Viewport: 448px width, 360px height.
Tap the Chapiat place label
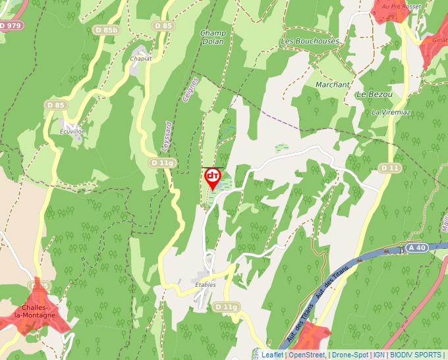point(141,58)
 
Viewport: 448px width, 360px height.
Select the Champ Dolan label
point(213,38)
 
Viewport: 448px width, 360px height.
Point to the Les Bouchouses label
point(310,41)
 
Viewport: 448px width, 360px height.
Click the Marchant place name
point(332,85)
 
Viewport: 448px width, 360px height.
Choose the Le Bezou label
point(374,94)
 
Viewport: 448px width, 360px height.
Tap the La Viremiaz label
point(391,112)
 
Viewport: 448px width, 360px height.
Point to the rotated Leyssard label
point(167,134)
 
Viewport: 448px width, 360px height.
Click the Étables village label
point(206,284)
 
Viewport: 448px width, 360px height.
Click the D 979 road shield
point(11,26)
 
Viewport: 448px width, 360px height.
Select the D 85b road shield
point(105,30)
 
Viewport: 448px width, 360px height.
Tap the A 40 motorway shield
point(418,248)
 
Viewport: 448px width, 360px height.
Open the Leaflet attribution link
point(272,355)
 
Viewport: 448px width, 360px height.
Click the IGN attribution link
point(379,355)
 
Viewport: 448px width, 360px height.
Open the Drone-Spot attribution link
point(349,355)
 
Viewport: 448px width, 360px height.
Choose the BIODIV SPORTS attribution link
point(415,355)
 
